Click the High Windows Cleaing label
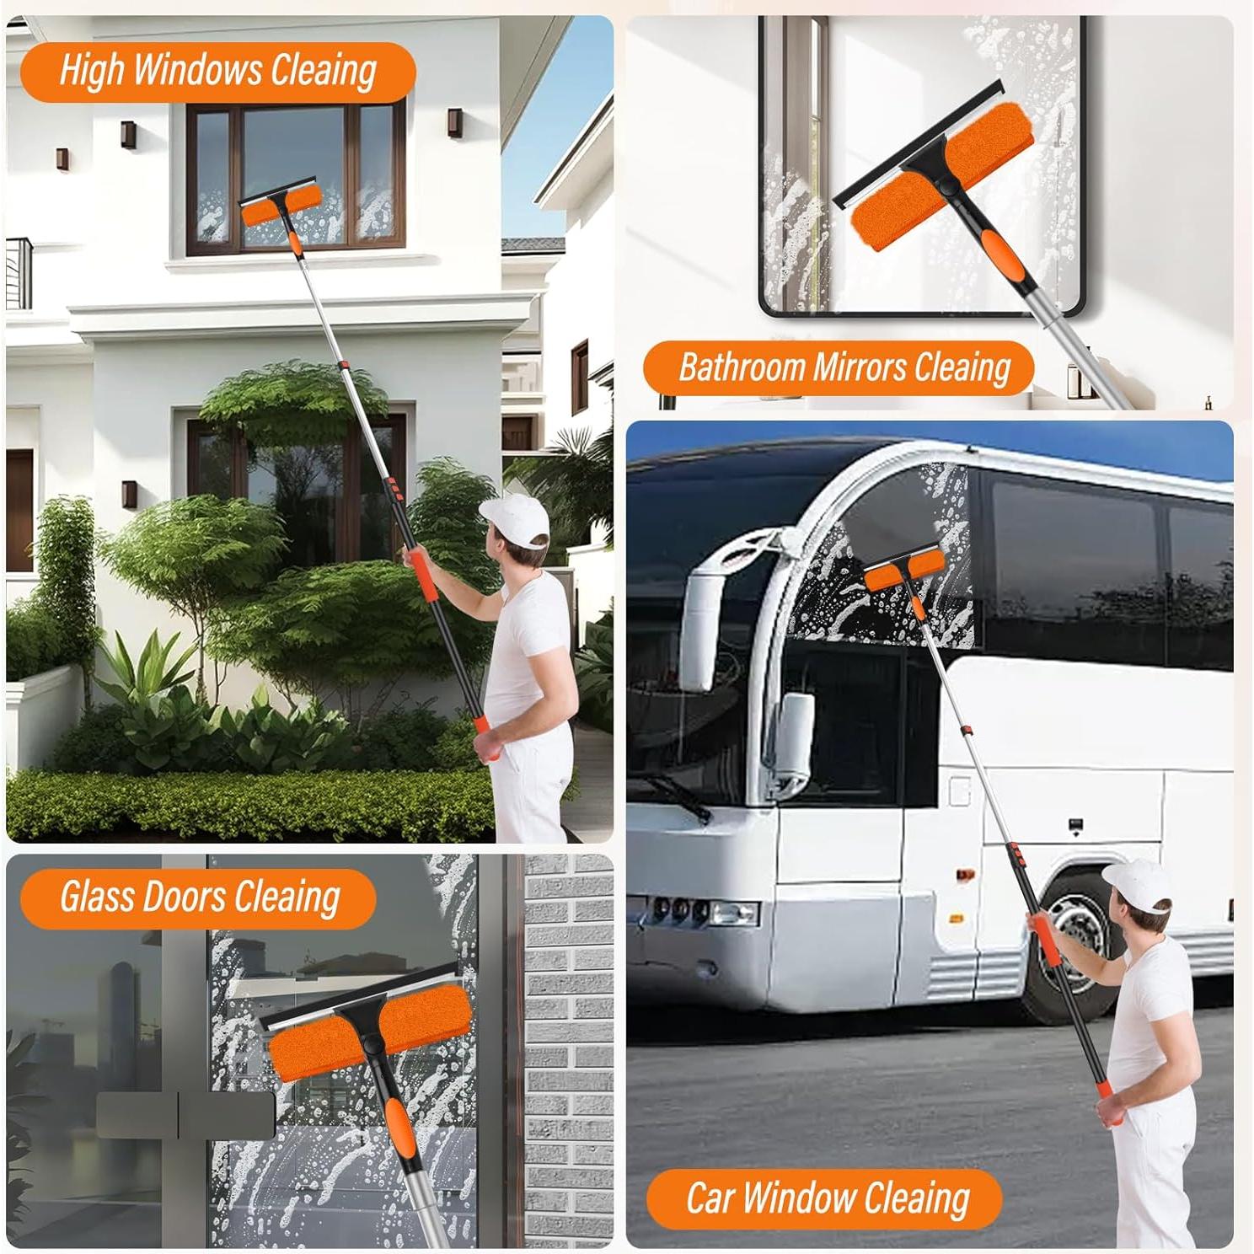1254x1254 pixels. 217,71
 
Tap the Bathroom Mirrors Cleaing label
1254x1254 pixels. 843,368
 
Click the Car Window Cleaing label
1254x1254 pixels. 827,1198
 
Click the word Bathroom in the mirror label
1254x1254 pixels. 742,368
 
